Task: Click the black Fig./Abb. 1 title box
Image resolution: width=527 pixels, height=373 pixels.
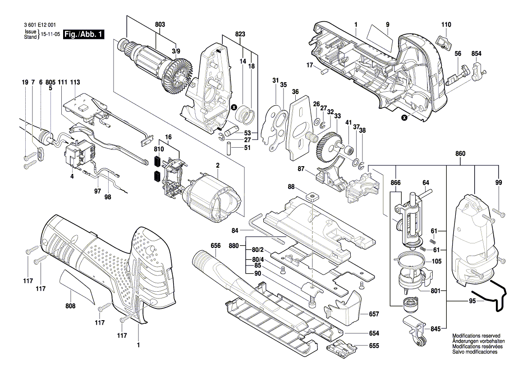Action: [x=84, y=34]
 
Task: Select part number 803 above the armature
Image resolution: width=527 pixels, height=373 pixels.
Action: [x=160, y=24]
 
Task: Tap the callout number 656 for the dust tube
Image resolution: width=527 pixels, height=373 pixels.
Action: [x=215, y=246]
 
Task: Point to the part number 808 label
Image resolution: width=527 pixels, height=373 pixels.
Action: [x=71, y=306]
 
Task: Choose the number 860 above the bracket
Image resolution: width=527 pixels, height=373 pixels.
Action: [x=460, y=154]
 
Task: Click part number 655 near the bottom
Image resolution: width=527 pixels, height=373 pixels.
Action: [x=374, y=346]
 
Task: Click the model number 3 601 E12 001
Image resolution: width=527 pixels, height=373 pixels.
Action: [x=40, y=25]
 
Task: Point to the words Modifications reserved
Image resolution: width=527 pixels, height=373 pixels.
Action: [x=476, y=336]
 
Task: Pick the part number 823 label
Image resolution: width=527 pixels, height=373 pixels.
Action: [x=240, y=34]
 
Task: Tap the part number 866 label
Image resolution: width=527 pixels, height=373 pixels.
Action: [x=395, y=183]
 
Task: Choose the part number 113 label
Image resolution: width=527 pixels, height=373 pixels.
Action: [x=75, y=82]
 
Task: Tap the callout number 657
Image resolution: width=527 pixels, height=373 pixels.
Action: [x=374, y=314]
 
